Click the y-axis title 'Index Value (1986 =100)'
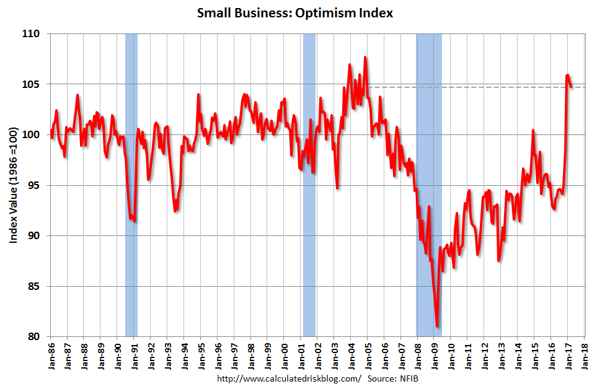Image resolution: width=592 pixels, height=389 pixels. pyautogui.click(x=13, y=185)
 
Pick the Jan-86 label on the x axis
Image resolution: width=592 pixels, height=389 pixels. pyautogui.click(x=51, y=355)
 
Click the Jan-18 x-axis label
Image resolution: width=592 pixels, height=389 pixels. pyautogui.click(x=583, y=355)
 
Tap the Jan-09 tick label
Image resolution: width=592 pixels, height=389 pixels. pyautogui.click(x=434, y=355)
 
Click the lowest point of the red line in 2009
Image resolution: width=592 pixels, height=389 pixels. pyautogui.click(x=437, y=326)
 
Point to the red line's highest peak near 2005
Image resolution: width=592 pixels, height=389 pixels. pyautogui.click(x=365, y=58)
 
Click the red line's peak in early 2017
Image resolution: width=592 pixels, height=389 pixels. pyautogui.click(x=568, y=76)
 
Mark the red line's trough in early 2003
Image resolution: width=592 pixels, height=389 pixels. pyautogui.click(x=337, y=187)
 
